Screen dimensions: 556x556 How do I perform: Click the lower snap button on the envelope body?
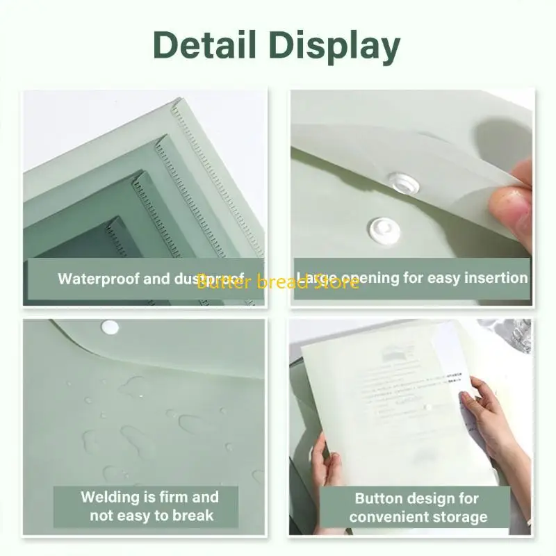click(380, 226)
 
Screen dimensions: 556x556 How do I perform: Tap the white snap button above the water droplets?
click(109, 326)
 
